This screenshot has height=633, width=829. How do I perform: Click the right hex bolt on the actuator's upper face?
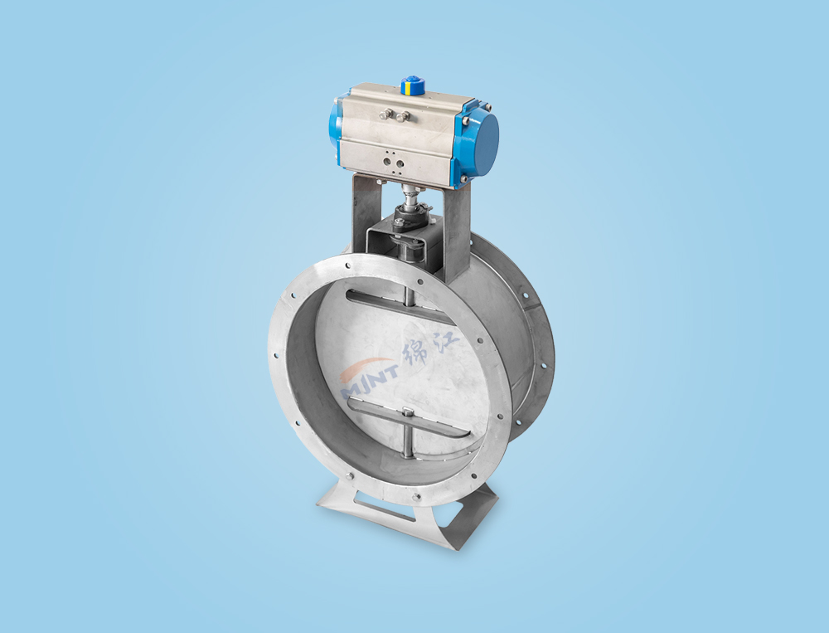point(405,116)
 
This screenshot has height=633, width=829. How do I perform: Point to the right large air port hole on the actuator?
point(400,163)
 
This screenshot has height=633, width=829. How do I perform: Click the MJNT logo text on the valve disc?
point(370,379)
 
